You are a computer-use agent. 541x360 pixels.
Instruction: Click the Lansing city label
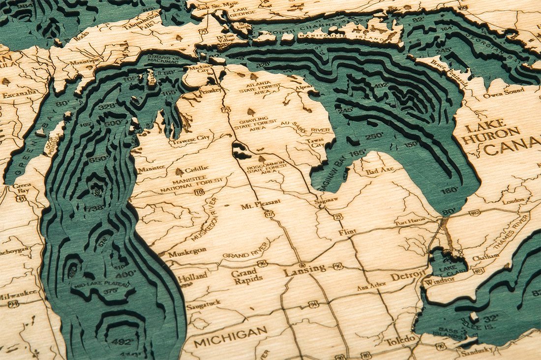(x=304, y=269)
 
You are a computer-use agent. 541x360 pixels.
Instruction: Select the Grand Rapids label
(x=244, y=276)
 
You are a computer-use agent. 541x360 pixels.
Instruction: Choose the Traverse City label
(x=189, y=141)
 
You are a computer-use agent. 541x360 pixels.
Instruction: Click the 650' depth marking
(x=98, y=158)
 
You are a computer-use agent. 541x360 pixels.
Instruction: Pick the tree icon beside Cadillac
(x=179, y=172)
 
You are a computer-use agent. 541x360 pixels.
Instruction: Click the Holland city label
(x=192, y=278)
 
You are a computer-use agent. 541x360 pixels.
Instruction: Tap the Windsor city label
(x=436, y=282)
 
